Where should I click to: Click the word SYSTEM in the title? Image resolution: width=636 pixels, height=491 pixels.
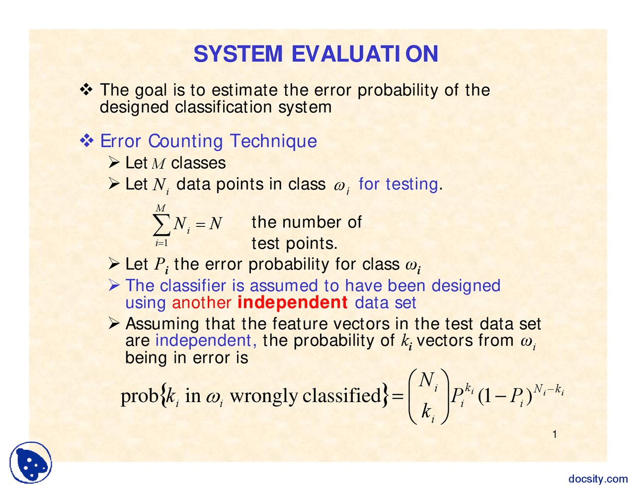click(238, 54)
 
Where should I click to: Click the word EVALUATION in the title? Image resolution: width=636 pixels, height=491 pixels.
click(365, 54)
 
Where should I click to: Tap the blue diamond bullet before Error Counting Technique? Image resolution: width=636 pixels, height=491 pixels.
click(86, 140)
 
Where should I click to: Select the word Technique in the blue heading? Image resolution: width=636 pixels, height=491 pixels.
click(273, 141)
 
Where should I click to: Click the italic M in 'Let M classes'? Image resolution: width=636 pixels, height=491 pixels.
click(159, 164)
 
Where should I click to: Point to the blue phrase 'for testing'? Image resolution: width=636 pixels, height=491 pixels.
click(398, 184)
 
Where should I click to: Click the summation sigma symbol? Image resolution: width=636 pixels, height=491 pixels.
click(161, 224)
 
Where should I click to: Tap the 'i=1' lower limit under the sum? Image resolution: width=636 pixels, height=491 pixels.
click(161, 243)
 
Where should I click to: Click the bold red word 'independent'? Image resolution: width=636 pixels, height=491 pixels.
click(292, 302)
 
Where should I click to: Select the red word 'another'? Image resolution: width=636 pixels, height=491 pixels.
click(202, 303)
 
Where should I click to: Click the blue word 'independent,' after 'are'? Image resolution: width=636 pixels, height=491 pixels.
click(206, 340)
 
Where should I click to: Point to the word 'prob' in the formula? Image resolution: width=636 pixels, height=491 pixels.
click(140, 397)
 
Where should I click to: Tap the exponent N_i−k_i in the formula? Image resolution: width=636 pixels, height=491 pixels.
click(549, 389)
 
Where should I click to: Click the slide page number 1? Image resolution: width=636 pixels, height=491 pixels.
click(555, 434)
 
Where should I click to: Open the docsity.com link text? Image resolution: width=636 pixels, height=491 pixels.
click(598, 479)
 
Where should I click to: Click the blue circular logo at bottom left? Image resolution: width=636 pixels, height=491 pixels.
click(30, 463)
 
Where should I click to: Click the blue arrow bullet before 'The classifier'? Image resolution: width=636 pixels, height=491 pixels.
click(114, 285)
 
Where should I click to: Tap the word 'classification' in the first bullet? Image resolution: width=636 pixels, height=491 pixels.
click(224, 107)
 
